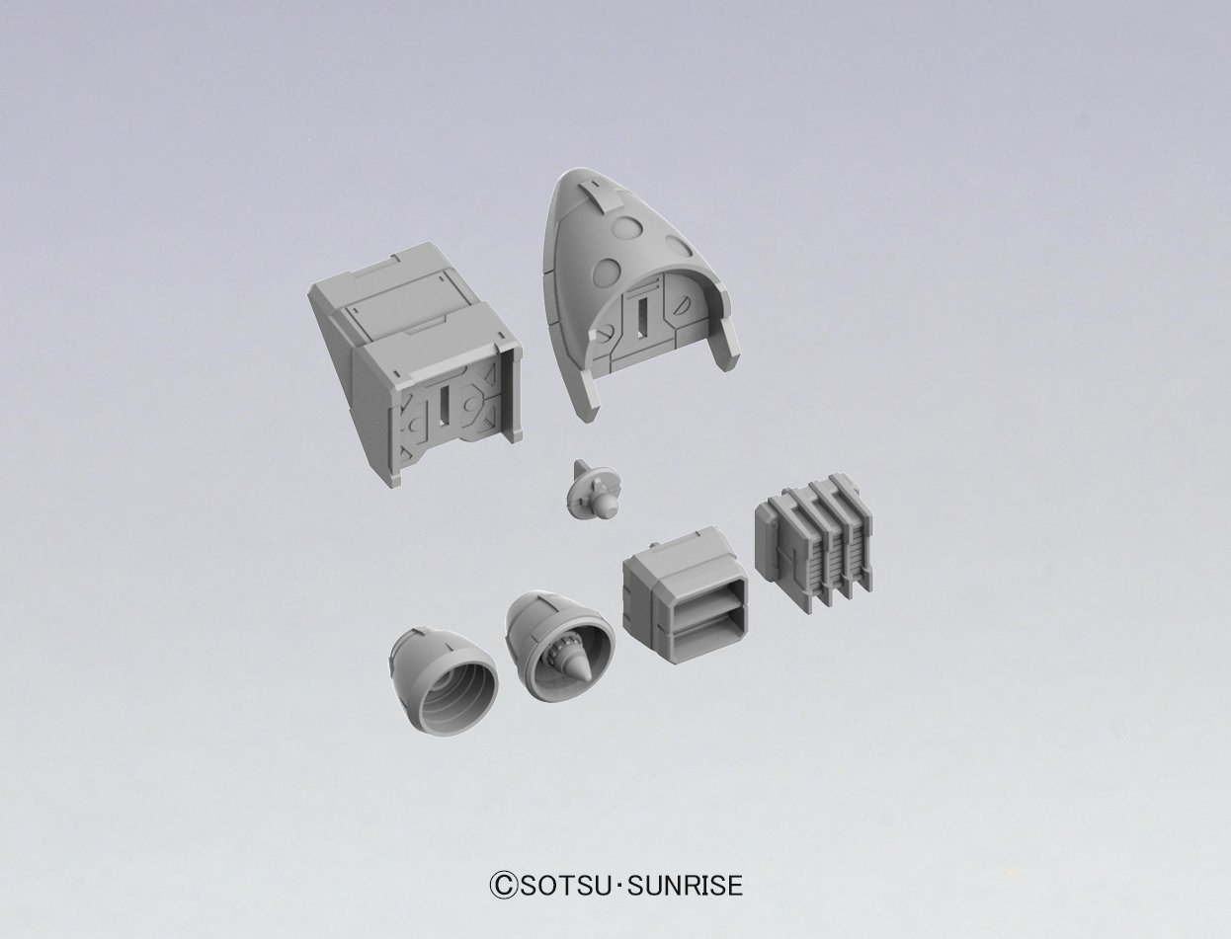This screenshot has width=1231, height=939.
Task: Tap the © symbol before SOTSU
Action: (501, 885)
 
